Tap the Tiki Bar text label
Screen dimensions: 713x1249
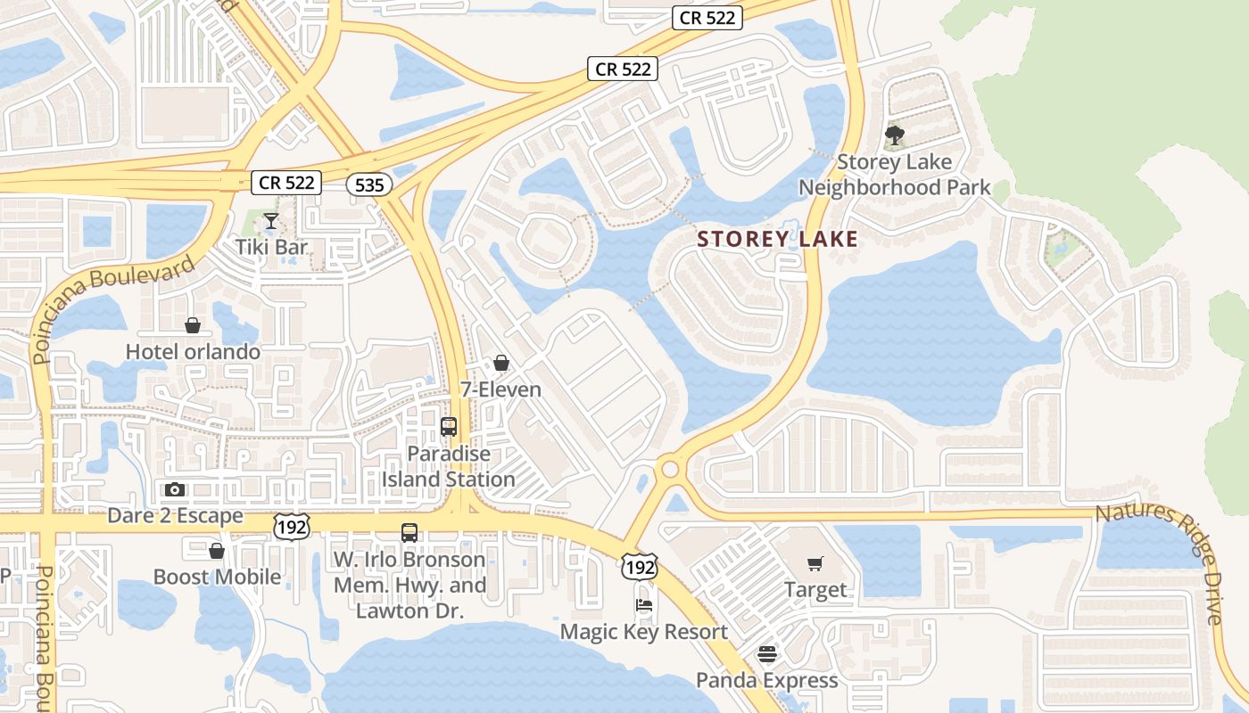click(x=271, y=247)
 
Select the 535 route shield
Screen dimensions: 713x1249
click(x=369, y=184)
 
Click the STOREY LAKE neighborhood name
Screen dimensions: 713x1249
click(x=777, y=239)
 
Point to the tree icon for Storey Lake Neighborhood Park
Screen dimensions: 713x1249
click(x=894, y=136)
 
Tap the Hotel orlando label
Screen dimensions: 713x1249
click(x=193, y=352)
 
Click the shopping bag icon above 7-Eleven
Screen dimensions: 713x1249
click(x=500, y=363)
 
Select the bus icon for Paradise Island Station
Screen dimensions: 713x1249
click(x=449, y=427)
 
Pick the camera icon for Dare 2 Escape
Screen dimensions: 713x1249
click(x=175, y=489)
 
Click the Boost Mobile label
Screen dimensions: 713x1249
click(x=217, y=577)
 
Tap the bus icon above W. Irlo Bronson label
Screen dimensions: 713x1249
click(x=409, y=533)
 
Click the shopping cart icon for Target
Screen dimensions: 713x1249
click(x=815, y=563)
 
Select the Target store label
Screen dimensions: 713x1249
click(x=815, y=589)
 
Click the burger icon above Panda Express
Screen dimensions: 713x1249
click(x=766, y=654)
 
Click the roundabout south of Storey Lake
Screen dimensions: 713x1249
click(x=670, y=469)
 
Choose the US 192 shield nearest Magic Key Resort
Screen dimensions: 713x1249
click(x=641, y=566)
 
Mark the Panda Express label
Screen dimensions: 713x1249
click(x=766, y=680)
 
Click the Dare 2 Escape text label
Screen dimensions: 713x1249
click(x=175, y=516)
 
